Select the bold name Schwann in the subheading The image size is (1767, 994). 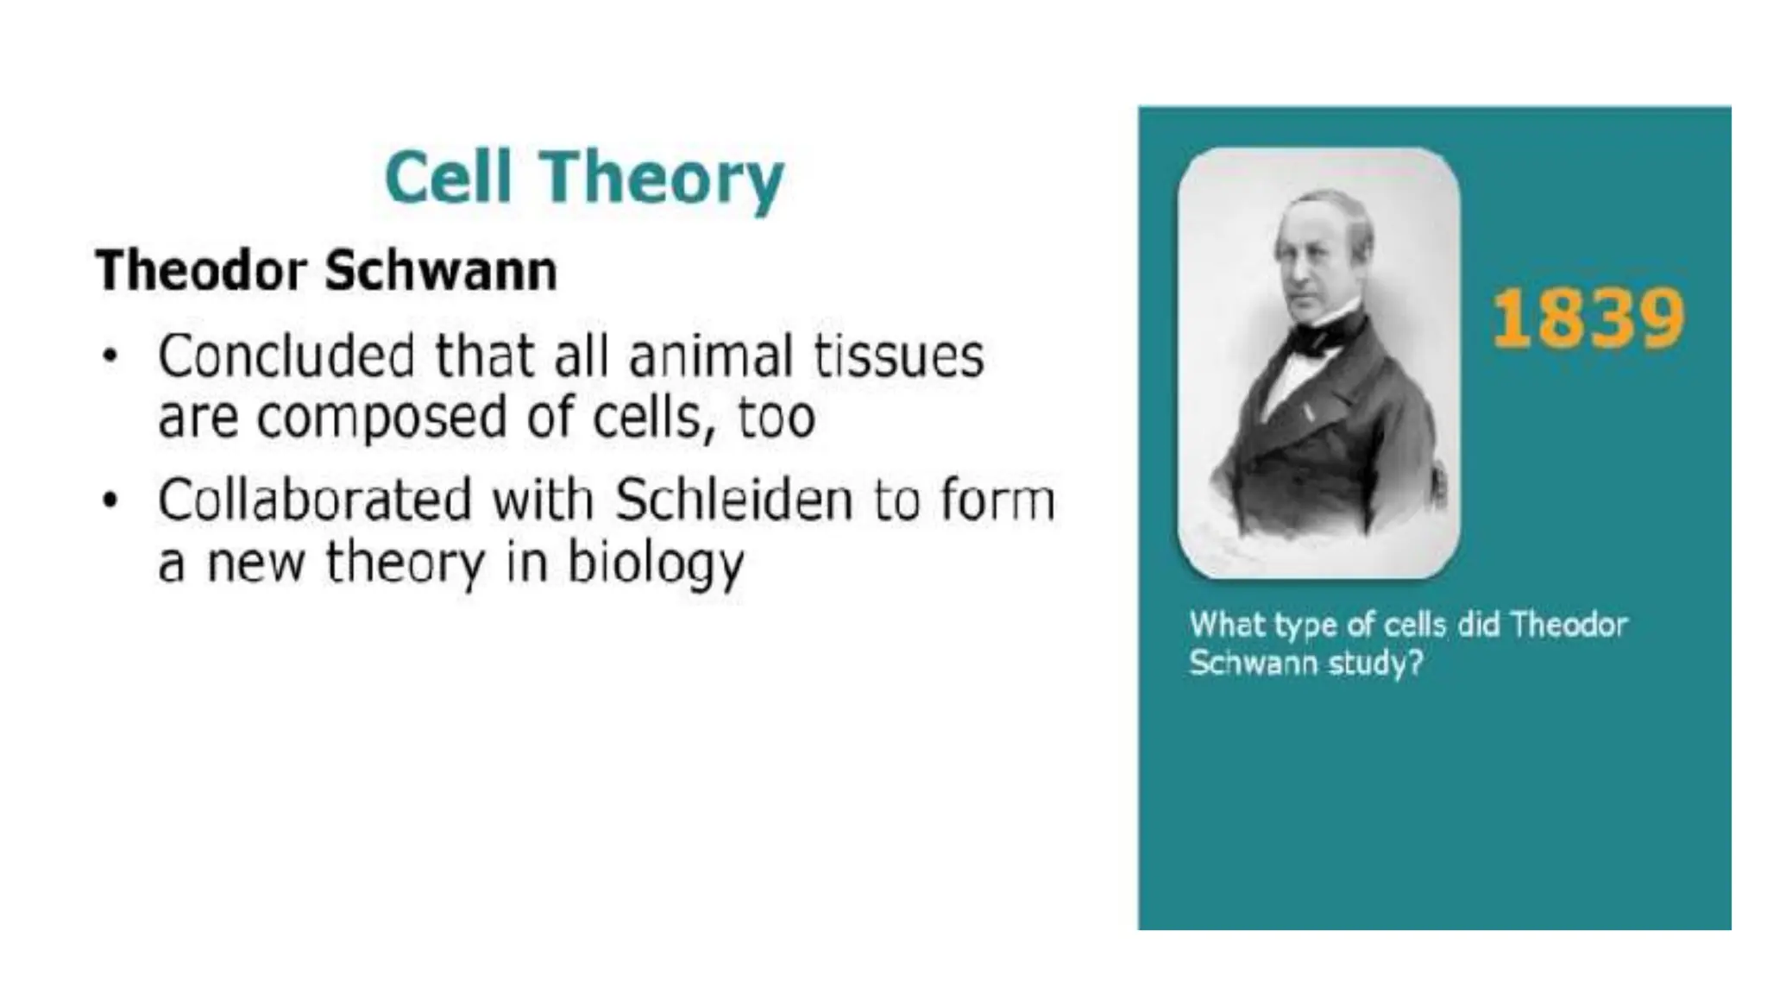pos(441,270)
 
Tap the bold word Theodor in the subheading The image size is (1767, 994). pos(201,270)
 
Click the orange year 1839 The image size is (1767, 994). pos(1588,318)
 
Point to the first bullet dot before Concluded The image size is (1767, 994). pos(110,356)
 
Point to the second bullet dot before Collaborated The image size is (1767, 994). pos(110,500)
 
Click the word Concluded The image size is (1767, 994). pos(286,355)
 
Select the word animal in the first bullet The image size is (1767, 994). pos(710,355)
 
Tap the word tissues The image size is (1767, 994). pos(898,355)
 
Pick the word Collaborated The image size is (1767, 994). pos(315,500)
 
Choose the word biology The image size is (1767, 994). pos(655,564)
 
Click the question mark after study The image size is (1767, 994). pos(1414,663)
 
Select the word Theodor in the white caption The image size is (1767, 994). pos(1569,624)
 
